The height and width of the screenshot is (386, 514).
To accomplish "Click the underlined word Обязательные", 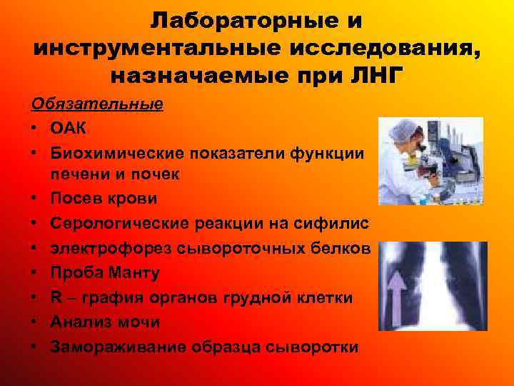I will tap(97, 104).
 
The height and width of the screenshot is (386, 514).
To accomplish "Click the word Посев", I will tap(76, 199).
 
